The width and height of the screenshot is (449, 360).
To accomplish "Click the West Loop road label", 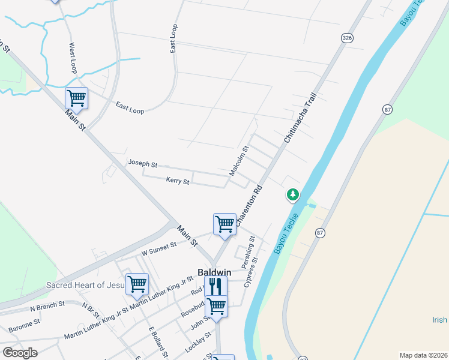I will (x=73, y=58).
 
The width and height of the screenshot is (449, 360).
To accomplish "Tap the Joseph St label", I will (x=142, y=164).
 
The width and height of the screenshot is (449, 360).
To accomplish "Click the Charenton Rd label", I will (x=250, y=206).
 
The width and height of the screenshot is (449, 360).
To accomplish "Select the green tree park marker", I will (x=292, y=194).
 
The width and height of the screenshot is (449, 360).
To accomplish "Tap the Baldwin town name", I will (x=215, y=272).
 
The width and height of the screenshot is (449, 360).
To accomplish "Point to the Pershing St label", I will (x=248, y=251).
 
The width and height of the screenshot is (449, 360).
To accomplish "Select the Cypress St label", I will (x=252, y=272).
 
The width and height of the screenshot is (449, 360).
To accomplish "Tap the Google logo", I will (x=20, y=353).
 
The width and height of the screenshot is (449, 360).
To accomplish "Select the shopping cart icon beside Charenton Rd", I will (x=224, y=224).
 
